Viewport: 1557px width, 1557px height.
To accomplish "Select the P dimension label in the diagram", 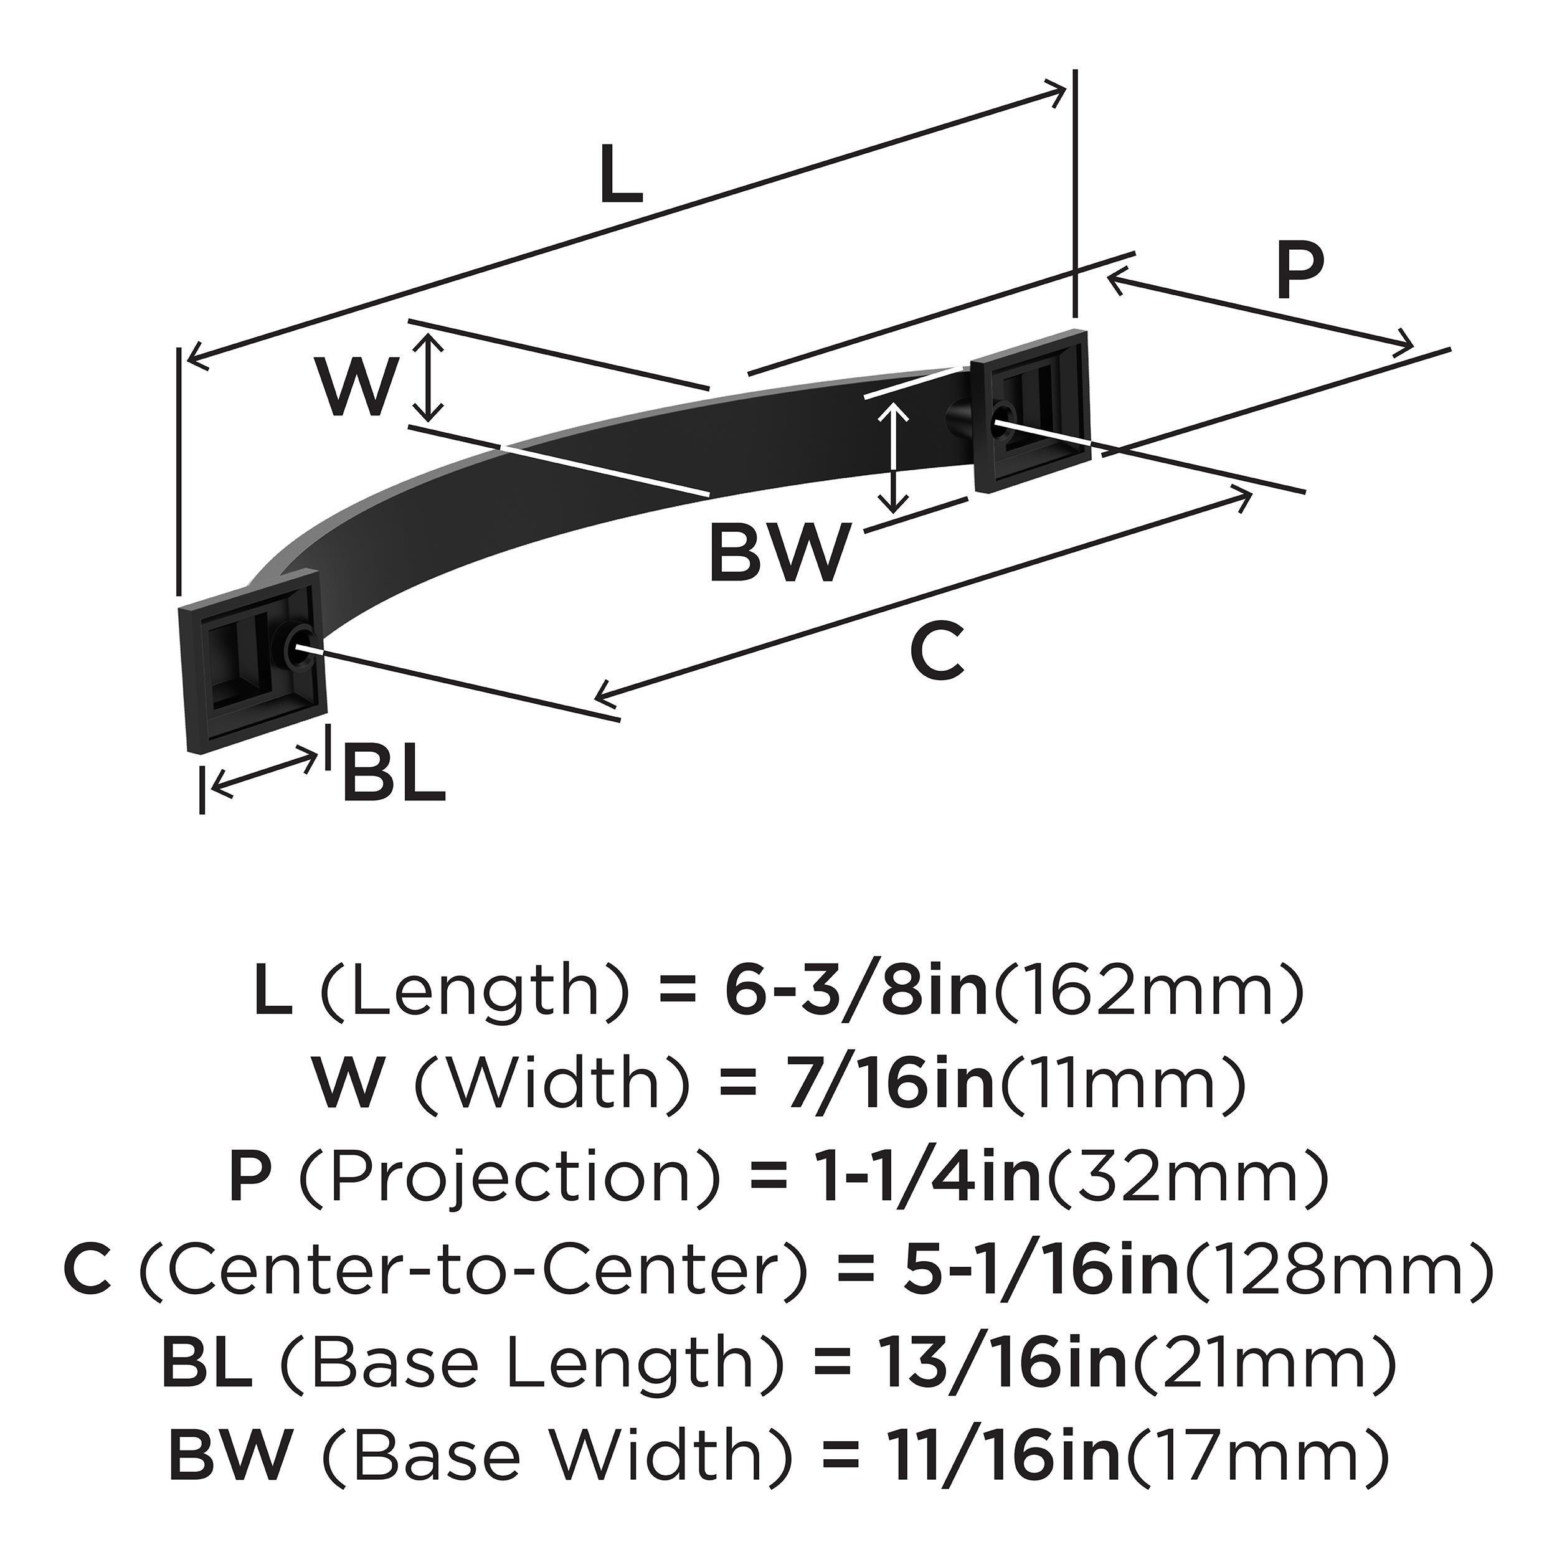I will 1300,272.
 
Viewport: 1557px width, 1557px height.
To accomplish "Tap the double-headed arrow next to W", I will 433,379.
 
